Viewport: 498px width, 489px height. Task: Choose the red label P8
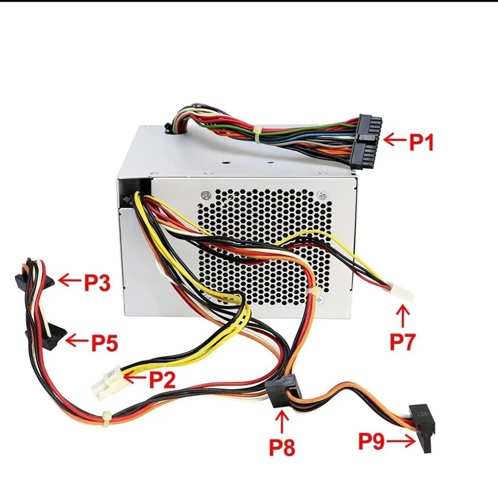coord(282,448)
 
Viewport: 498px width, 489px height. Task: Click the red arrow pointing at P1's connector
coord(395,139)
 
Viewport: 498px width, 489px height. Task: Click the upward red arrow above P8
coord(283,421)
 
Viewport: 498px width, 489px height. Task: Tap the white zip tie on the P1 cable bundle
coord(257,134)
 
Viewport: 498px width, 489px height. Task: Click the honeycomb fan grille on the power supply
coord(265,246)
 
